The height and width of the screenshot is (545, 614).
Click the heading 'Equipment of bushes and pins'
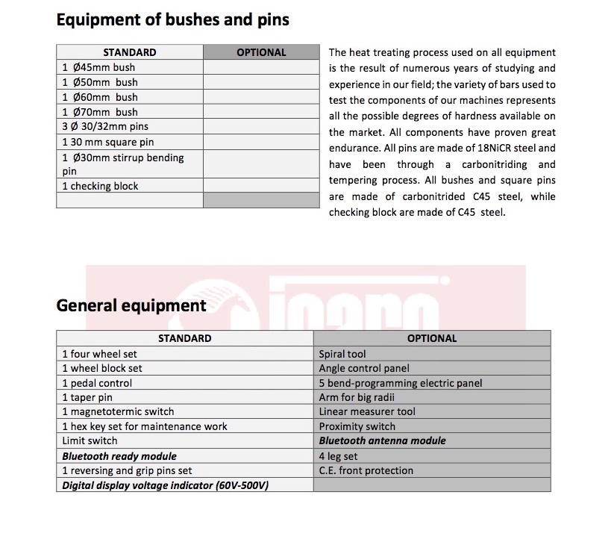(x=172, y=20)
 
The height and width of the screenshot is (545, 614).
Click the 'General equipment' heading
(x=131, y=305)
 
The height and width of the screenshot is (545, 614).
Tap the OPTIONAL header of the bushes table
(x=261, y=52)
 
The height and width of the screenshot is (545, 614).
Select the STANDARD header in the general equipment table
(x=184, y=338)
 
